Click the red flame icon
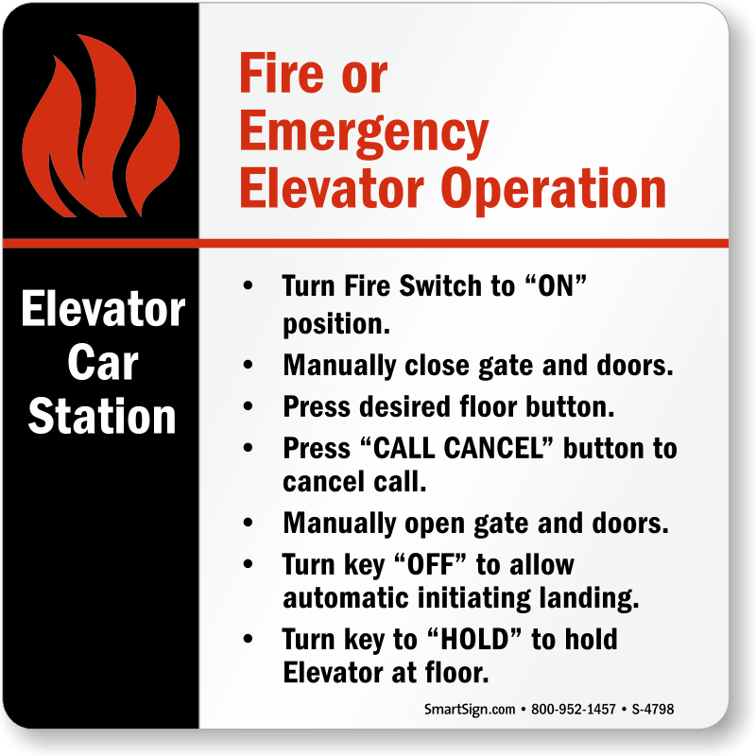coord(100,127)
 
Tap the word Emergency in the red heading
coord(364,132)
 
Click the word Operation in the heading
coord(553,189)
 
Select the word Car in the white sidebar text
coord(103,363)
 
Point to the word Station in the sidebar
coord(102,416)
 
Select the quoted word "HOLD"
coord(475,640)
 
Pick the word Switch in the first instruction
coord(440,285)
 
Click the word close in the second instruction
coord(437,365)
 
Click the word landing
coord(589,599)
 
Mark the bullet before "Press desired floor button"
coord(248,406)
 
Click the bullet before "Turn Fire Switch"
coord(248,285)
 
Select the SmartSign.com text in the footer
coord(470,710)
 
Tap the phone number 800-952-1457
coord(574,710)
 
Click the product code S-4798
coord(653,710)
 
